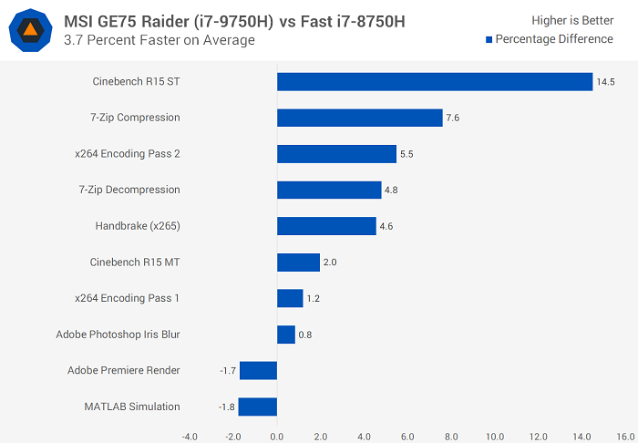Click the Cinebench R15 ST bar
pos(435,82)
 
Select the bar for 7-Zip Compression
pos(359,118)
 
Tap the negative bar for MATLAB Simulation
pos(258,407)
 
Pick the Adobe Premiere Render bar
pos(259,370)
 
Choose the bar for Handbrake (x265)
pos(326,226)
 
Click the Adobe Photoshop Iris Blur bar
pos(286,335)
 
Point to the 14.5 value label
pos(605,82)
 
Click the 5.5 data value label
pos(406,154)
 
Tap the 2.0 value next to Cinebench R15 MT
pos(330,263)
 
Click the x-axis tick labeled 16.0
pos(626,436)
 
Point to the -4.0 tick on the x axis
pos(190,436)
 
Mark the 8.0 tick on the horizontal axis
pos(451,436)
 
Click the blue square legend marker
pos(489,39)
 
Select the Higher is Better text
pos(574,20)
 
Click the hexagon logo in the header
pos(30,30)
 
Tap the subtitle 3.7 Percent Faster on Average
pos(159,40)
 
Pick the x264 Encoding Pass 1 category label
pos(128,298)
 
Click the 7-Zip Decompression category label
pos(129,190)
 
